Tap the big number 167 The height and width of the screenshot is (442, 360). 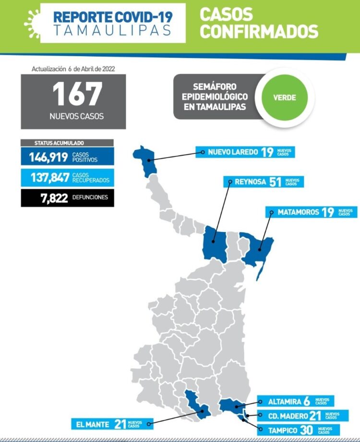pyautogui.click(x=77, y=94)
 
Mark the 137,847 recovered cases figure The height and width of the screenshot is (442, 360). pyautogui.click(x=50, y=178)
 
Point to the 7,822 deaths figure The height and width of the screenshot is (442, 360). pyautogui.click(x=54, y=198)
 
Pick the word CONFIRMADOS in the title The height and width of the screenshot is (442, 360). pyautogui.click(x=259, y=31)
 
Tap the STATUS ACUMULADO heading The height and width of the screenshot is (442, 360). pyautogui.click(x=59, y=143)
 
